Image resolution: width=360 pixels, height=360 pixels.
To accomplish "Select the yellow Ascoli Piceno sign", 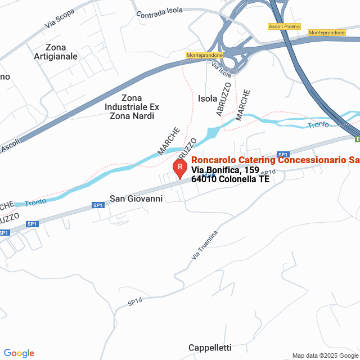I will click(x=284, y=26).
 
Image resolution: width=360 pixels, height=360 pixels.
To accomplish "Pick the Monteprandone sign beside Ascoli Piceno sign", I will click(x=327, y=33).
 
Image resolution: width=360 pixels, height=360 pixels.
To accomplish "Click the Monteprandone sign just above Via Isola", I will click(x=205, y=55).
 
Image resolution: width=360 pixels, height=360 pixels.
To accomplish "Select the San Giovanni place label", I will click(x=136, y=199).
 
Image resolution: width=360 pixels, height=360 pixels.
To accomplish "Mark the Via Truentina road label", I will click(x=204, y=245).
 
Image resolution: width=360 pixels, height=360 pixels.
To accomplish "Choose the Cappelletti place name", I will click(x=210, y=347).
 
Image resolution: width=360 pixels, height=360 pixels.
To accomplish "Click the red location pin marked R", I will click(x=180, y=167).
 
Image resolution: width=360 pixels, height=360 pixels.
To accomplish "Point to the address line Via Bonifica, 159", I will click(x=225, y=170).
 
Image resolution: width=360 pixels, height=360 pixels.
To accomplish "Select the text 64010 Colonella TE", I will click(x=230, y=179).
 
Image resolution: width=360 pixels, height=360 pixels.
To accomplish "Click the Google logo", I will click(x=19, y=353).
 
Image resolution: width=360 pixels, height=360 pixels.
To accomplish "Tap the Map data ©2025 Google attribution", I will click(x=325, y=355).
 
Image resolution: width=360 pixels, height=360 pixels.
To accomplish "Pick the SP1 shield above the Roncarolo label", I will click(x=283, y=155).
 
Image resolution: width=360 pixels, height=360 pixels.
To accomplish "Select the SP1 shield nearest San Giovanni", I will click(x=98, y=205).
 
